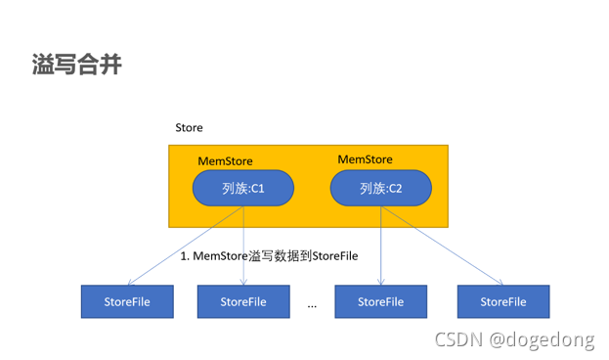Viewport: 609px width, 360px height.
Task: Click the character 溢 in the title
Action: (x=41, y=66)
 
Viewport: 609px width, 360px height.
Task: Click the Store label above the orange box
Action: (x=189, y=128)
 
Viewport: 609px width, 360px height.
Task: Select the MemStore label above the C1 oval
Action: (x=226, y=160)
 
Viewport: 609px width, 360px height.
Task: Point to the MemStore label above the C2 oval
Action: (x=365, y=158)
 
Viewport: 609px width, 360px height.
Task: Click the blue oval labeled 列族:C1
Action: (x=243, y=188)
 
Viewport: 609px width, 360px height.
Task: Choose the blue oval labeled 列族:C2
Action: (x=380, y=188)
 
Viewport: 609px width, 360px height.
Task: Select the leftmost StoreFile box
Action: (x=127, y=301)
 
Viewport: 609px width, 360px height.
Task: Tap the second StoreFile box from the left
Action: (x=243, y=301)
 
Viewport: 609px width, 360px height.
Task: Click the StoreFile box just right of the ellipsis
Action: (x=380, y=301)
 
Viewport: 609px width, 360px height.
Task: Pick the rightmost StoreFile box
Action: (x=502, y=301)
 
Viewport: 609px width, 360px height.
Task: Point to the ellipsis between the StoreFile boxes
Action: (x=312, y=304)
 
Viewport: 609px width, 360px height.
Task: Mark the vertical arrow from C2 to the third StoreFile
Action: (x=380, y=245)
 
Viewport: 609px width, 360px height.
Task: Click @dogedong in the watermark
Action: (x=542, y=339)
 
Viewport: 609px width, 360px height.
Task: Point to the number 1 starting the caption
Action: (x=184, y=255)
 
